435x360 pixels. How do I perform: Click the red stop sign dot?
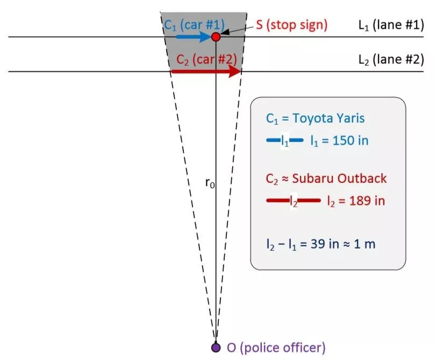coord(216,37)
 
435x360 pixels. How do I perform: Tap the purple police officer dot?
coord(216,347)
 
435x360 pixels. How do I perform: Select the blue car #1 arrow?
coord(194,37)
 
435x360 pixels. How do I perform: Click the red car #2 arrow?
coord(206,72)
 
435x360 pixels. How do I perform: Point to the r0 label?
coord(210,183)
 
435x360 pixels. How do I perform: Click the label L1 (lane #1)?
coord(391,25)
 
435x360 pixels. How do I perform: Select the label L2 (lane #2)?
coord(391,60)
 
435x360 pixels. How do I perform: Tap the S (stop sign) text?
coord(291,25)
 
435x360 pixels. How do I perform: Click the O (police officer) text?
coord(276,348)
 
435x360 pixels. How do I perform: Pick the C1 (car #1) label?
coord(194,25)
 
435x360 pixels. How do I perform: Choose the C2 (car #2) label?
coord(206,60)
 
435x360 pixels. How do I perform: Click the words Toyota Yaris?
coord(329,118)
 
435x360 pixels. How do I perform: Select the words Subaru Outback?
coord(339,178)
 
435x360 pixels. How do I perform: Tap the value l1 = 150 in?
coord(339,141)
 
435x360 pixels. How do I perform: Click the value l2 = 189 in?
coord(356,201)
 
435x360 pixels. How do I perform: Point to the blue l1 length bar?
coord(284,140)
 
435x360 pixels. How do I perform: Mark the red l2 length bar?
coord(293,200)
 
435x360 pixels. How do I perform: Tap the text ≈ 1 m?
coord(359,244)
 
